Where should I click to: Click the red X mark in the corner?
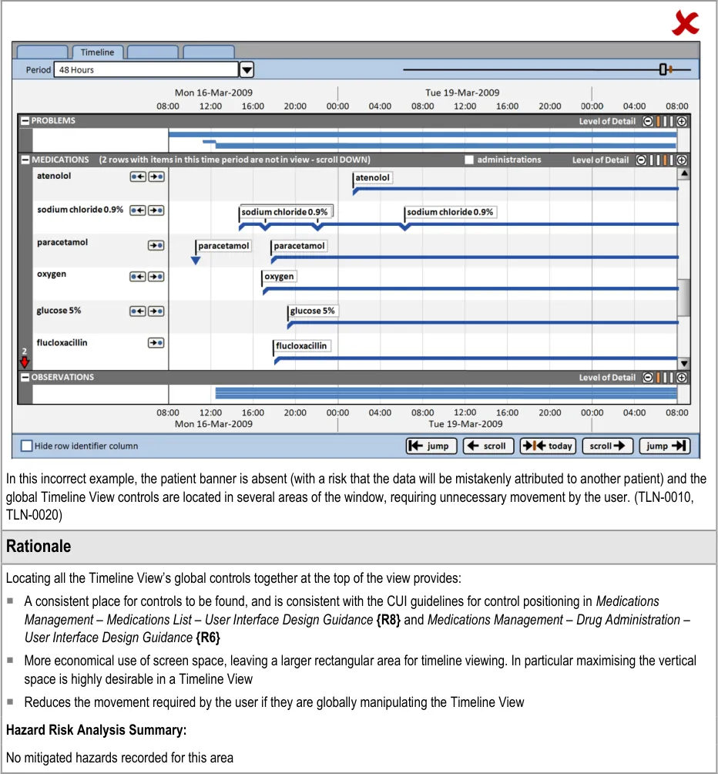coord(685,23)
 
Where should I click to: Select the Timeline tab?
coord(97,52)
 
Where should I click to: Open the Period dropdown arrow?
coord(247,70)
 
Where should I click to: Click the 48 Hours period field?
coord(146,70)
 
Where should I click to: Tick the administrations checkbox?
coord(469,160)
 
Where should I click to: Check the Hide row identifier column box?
coord(27,446)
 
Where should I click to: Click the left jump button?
coord(431,446)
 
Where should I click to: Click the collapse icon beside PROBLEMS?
coord(25,121)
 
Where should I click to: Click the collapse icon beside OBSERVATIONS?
coord(25,378)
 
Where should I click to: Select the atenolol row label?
coord(53,176)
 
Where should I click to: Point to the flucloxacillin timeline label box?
coord(301,346)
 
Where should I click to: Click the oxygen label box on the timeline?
coord(279,276)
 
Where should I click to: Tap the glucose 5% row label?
coord(59,311)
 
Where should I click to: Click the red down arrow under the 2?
coord(25,362)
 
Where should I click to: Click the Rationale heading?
coord(39,547)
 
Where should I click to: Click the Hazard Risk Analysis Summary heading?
coord(96,729)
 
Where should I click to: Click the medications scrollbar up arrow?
coord(683,174)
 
